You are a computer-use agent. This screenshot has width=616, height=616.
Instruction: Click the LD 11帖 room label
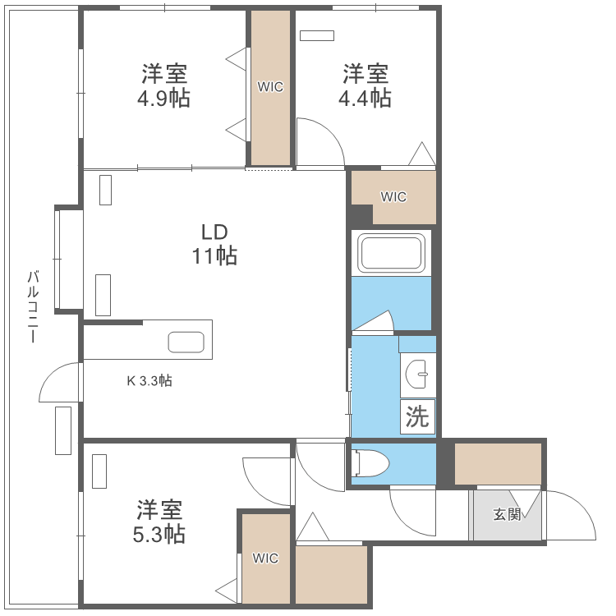click(214, 244)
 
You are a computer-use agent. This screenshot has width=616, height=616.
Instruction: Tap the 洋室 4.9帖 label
click(164, 86)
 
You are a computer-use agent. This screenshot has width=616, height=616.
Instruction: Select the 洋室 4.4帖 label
click(365, 86)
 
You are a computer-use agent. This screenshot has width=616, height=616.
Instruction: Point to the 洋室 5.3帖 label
click(160, 522)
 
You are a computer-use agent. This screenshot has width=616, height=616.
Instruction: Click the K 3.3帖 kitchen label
click(149, 381)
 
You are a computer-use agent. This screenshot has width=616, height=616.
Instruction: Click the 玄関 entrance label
click(507, 515)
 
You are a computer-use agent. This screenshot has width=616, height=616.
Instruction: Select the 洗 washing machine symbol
click(418, 417)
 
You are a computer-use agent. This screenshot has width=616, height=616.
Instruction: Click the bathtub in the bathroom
click(392, 253)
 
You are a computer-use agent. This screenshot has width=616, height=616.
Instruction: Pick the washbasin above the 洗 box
click(419, 375)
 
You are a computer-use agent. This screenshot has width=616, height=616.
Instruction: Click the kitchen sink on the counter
click(186, 342)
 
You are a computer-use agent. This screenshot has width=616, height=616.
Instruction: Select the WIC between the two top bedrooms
click(270, 87)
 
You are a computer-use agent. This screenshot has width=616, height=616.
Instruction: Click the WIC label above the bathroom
click(393, 197)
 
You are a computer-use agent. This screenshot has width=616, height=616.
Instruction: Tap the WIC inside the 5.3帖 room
click(265, 559)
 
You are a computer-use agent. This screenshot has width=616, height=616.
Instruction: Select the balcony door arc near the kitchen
click(59, 382)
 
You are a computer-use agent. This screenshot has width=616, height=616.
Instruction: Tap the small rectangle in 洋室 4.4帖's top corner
click(317, 35)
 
